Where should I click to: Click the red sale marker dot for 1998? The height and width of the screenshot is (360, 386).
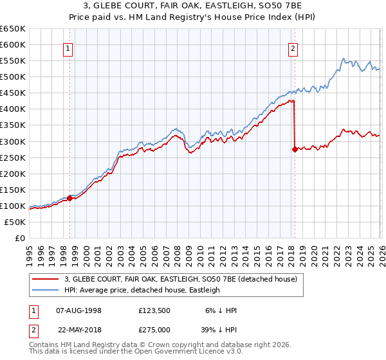[x=69, y=198]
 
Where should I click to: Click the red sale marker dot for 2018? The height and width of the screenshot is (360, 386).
[x=295, y=149]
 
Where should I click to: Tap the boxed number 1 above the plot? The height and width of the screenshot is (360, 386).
[x=68, y=48]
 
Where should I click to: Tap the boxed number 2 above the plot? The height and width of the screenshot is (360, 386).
[x=293, y=48]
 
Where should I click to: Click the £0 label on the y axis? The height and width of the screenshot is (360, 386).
[x=19, y=238]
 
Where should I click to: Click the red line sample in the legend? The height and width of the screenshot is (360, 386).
[x=46, y=279]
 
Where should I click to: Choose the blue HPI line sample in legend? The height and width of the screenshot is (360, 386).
[x=46, y=290]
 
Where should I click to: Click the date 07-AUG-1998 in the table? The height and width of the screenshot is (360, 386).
[x=79, y=310]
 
